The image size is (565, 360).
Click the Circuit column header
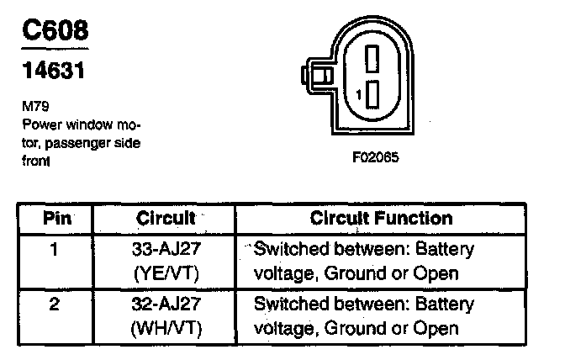165,219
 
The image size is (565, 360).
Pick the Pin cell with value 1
53,250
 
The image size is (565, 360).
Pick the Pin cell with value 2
53,304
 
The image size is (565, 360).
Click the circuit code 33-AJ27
165,250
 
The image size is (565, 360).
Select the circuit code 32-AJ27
165,304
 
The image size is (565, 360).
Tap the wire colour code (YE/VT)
165,273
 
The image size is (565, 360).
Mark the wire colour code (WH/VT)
165,328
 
